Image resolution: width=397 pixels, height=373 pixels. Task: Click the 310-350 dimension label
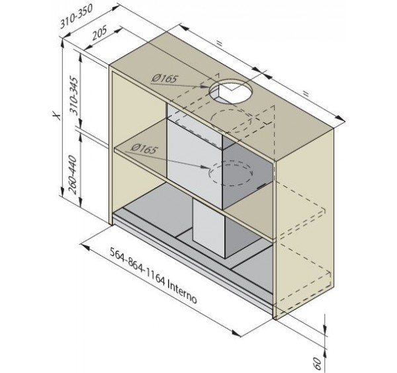(x=75, y=17)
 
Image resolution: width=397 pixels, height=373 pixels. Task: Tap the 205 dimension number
(x=99, y=32)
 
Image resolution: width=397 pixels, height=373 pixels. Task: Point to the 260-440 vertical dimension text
(x=73, y=175)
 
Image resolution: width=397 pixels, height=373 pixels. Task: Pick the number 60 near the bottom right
(x=317, y=363)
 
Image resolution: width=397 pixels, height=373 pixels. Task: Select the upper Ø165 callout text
(x=164, y=78)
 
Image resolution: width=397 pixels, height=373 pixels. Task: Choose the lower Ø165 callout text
(x=144, y=149)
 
